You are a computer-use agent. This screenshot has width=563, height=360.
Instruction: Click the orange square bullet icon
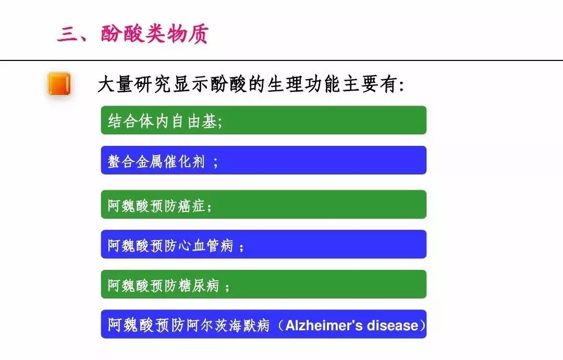59,84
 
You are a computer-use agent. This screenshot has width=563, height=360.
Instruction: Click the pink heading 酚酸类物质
155,34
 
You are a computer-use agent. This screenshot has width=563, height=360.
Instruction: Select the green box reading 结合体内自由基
264,120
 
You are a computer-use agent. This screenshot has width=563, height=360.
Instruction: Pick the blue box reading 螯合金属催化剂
264,160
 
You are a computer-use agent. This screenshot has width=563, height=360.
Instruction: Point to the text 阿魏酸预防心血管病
170,245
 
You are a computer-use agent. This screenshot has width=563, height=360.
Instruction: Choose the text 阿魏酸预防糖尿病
163,285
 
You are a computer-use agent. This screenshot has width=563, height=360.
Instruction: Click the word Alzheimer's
324,326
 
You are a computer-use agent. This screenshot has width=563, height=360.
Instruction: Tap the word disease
393,326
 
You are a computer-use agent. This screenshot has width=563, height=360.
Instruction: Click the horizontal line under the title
281,60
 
